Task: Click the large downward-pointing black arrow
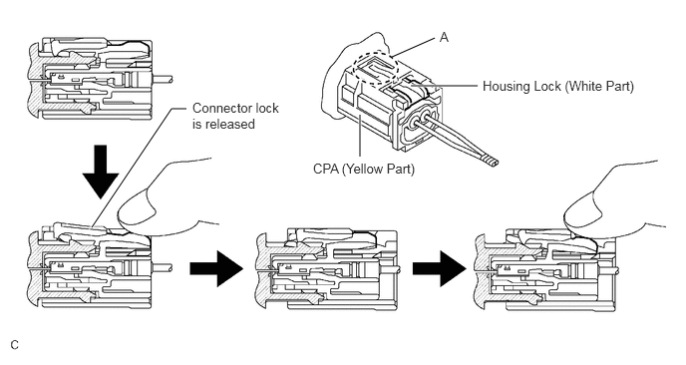(x=101, y=172)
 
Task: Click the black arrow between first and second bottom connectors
(x=216, y=268)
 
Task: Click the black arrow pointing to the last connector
(x=440, y=268)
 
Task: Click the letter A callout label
(x=444, y=38)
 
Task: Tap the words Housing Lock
(x=521, y=86)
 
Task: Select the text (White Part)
(x=599, y=86)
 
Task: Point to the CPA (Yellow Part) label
(x=364, y=169)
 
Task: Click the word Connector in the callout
(x=221, y=108)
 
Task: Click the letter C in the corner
(x=15, y=345)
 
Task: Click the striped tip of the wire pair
(x=490, y=161)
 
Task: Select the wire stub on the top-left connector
(x=162, y=79)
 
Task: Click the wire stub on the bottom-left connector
(x=162, y=267)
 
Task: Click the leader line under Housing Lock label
(x=450, y=86)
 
